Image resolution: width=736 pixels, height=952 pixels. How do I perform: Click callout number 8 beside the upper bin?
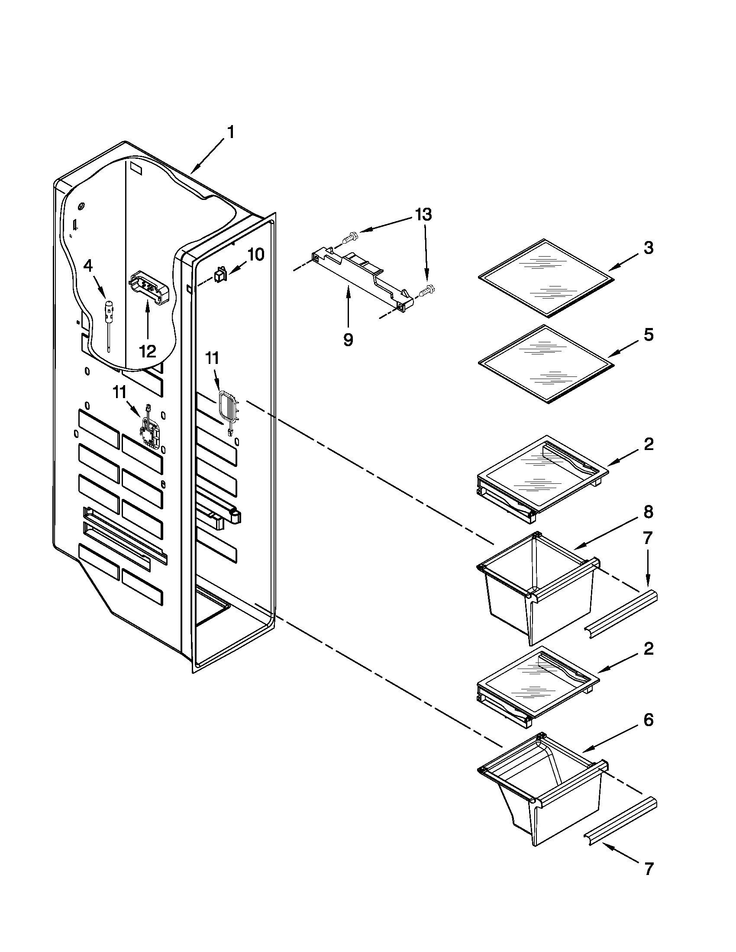coord(649,512)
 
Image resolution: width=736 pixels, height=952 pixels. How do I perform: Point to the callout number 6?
coord(649,720)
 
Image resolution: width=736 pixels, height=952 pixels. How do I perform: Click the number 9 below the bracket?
coord(348,340)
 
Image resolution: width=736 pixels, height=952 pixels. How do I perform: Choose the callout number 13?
coord(423,215)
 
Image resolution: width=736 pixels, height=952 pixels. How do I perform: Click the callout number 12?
coord(147,351)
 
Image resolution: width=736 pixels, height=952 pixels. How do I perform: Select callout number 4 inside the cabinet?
coord(88,265)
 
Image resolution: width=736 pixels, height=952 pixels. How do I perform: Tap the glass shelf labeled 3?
coord(545,278)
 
